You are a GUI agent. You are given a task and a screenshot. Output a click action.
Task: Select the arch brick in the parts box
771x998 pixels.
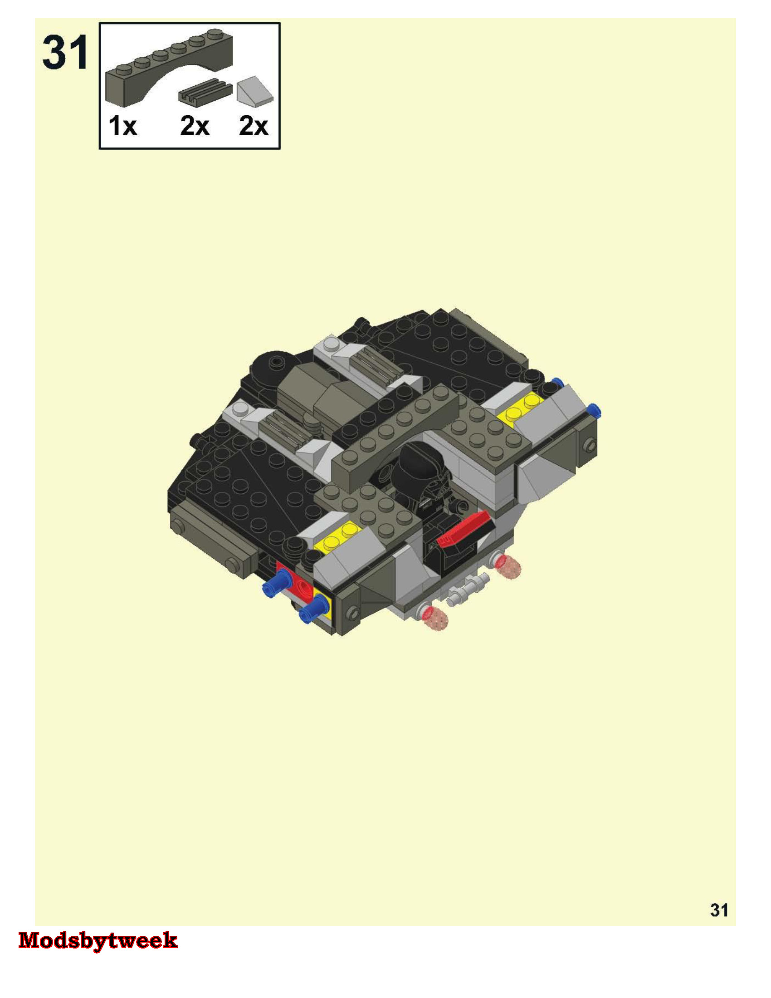[169, 68]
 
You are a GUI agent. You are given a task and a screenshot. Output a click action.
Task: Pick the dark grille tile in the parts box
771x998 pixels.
[205, 91]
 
